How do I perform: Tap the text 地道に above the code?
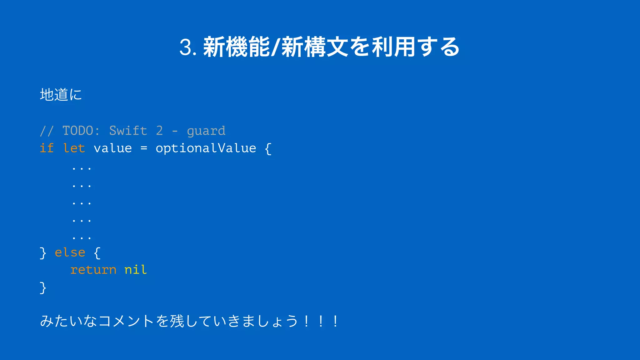click(x=61, y=94)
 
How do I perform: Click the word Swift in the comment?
click(x=128, y=131)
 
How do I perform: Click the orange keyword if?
click(x=47, y=148)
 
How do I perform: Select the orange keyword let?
click(x=74, y=148)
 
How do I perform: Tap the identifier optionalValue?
click(x=206, y=148)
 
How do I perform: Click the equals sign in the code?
click(x=144, y=148)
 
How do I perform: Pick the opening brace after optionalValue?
click(x=268, y=148)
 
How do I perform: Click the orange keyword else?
click(x=70, y=252)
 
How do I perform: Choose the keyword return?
click(x=93, y=270)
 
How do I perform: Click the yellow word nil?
click(x=136, y=270)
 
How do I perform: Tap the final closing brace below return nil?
click(x=43, y=287)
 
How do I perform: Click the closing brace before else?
click(x=43, y=253)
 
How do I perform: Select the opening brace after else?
click(x=97, y=253)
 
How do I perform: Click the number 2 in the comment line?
click(x=159, y=131)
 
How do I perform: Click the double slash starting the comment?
click(x=47, y=131)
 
